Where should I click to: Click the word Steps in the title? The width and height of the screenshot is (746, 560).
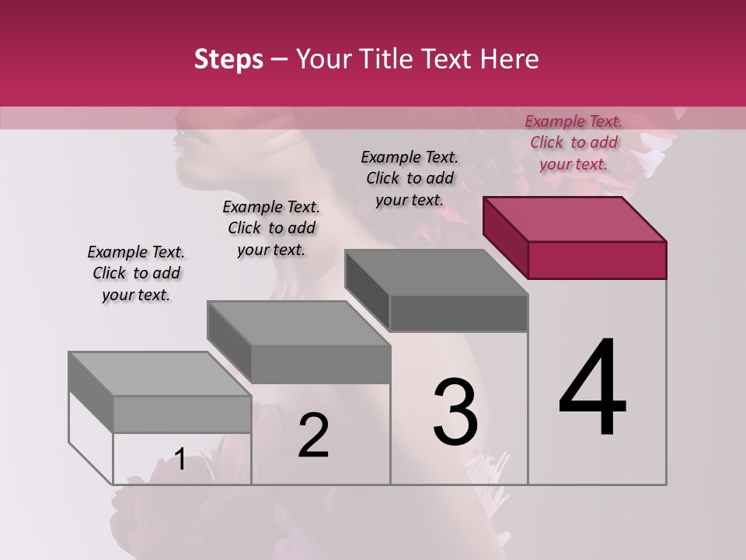pyautogui.click(x=228, y=60)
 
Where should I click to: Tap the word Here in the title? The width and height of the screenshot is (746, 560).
pyautogui.click(x=511, y=60)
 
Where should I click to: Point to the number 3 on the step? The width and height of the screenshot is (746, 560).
pyautogui.click(x=455, y=412)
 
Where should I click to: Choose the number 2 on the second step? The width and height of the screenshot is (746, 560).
pyautogui.click(x=313, y=436)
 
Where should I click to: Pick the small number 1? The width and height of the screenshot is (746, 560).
pyautogui.click(x=180, y=460)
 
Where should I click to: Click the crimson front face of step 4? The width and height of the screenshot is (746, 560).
pyautogui.click(x=597, y=260)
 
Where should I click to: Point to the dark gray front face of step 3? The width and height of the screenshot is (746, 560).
pyautogui.click(x=458, y=313)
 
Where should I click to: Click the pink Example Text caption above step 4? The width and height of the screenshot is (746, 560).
pyautogui.click(x=573, y=142)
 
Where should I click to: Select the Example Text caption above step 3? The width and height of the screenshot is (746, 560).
pyautogui.click(x=410, y=178)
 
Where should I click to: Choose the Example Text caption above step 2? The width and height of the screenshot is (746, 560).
pyautogui.click(x=271, y=228)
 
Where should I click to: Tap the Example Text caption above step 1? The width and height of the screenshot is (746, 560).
pyautogui.click(x=136, y=273)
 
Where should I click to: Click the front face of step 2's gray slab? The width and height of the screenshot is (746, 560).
pyautogui.click(x=320, y=364)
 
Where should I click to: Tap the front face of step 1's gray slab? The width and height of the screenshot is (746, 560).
pyautogui.click(x=182, y=414)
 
